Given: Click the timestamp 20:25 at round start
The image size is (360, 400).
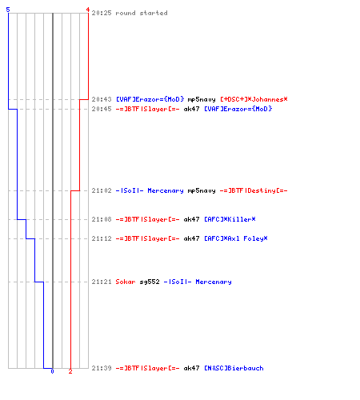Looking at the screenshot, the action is [x=102, y=13].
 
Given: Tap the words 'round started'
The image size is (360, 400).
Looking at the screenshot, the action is [x=142, y=13].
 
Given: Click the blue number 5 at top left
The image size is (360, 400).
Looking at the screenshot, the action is [x=8, y=10].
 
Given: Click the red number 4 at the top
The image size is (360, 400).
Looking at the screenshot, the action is [x=87, y=10].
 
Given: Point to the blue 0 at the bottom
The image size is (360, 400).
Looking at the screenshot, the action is [x=52, y=371].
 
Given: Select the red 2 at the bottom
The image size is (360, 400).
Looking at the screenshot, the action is [x=70, y=371].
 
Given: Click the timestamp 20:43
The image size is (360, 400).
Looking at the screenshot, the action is [x=102, y=99].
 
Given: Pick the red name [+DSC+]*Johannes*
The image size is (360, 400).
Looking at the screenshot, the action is [x=254, y=99].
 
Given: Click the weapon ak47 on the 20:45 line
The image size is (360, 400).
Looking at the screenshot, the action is [x=191, y=109].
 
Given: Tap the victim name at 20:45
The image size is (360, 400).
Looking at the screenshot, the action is [x=238, y=109].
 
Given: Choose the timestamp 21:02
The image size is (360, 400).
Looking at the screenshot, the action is [x=102, y=190].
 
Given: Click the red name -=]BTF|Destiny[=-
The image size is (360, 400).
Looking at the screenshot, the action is [x=254, y=190].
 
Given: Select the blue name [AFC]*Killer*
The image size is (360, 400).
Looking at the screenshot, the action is [x=230, y=219].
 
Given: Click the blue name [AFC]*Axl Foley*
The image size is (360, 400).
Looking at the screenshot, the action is [x=236, y=238].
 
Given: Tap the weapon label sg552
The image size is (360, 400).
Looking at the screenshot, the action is [x=150, y=282].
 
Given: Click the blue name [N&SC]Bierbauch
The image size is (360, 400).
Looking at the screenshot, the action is [x=234, y=368].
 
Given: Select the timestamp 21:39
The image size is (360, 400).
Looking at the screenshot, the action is [x=102, y=368].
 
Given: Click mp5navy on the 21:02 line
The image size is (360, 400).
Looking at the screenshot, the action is [x=202, y=191].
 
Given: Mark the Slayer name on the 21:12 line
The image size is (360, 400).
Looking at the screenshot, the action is [x=147, y=238].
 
